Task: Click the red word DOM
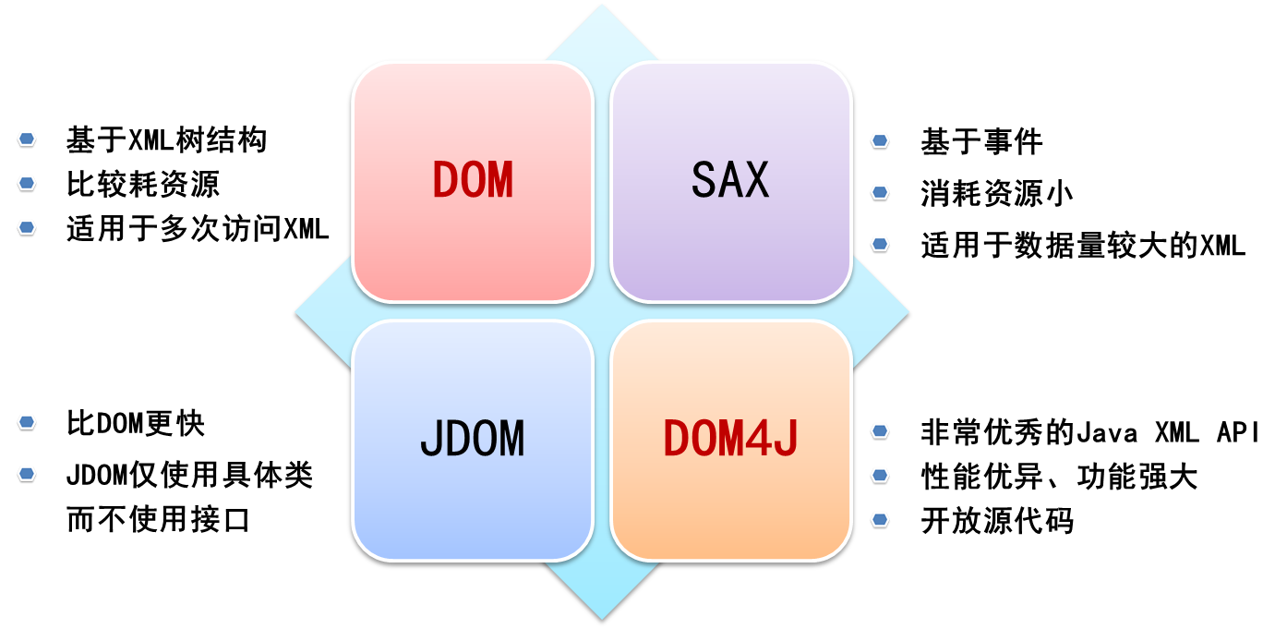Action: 473,180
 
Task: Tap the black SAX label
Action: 730,180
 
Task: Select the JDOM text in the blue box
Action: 473,440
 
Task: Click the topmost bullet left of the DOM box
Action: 27,139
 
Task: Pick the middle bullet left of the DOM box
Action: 27,183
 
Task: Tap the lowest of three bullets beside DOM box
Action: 27,227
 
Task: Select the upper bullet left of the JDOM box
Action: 27,422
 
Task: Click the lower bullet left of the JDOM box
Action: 27,474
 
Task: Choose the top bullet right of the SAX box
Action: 880,140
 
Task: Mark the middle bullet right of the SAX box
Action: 880,192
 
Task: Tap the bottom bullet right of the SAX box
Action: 880,244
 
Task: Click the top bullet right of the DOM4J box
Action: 880,430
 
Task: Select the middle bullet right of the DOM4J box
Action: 880,475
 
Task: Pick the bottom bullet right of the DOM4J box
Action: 880,519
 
